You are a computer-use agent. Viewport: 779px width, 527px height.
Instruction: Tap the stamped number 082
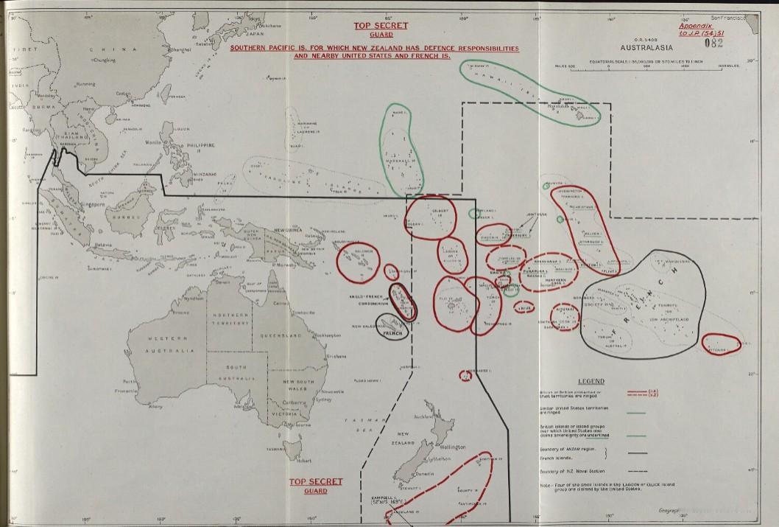pos(713,43)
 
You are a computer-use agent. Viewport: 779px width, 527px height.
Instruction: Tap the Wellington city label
pos(451,447)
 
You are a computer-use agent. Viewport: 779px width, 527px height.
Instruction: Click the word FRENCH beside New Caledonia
pos(395,333)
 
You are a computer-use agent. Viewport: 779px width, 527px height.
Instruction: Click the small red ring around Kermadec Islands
pos(465,375)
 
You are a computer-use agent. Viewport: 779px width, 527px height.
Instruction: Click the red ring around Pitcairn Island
pos(720,343)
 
